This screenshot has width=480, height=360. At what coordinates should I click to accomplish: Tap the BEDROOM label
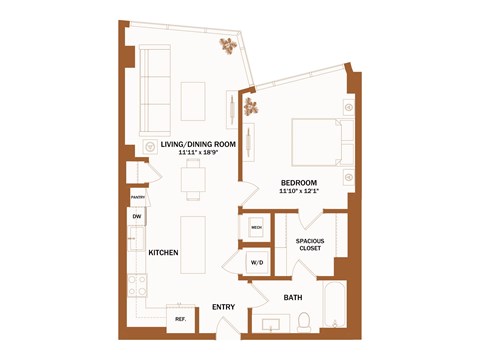300,182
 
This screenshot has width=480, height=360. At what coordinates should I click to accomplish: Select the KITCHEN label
163,253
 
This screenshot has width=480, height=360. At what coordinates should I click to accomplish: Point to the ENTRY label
224,308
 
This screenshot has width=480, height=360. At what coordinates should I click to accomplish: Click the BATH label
293,297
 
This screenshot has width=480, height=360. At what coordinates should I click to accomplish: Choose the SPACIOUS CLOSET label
310,244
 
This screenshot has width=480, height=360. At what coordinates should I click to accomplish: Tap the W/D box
256,263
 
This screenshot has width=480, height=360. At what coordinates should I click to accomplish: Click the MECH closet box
255,228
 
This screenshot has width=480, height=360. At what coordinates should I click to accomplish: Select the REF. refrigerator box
181,319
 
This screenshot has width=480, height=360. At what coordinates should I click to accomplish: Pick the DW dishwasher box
136,217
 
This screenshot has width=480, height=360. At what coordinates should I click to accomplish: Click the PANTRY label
137,198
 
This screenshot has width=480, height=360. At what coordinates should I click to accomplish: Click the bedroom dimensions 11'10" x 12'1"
300,191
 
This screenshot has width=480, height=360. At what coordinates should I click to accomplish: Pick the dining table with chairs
194,181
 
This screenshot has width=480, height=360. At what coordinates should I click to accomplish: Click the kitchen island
194,243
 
